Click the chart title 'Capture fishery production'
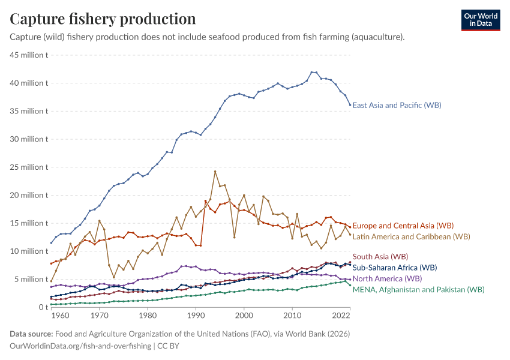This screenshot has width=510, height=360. [x=103, y=19]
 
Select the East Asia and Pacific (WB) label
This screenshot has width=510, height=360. [x=397, y=105]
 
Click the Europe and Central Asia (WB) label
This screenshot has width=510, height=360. [x=403, y=226]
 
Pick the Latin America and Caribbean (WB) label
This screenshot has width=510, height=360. [x=411, y=236]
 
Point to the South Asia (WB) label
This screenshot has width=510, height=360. [x=380, y=257]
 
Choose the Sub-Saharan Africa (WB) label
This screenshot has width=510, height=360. [x=394, y=268]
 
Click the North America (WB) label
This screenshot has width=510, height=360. [x=387, y=278]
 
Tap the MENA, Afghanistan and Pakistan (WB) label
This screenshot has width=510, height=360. [x=418, y=289]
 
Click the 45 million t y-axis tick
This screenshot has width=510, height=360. [x=29, y=55]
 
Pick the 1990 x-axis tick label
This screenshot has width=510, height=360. [x=196, y=315]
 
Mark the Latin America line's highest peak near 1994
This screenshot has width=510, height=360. [x=215, y=171]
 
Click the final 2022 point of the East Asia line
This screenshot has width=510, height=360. [x=350, y=105]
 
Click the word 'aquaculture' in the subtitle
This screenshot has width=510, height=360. [x=378, y=37]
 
